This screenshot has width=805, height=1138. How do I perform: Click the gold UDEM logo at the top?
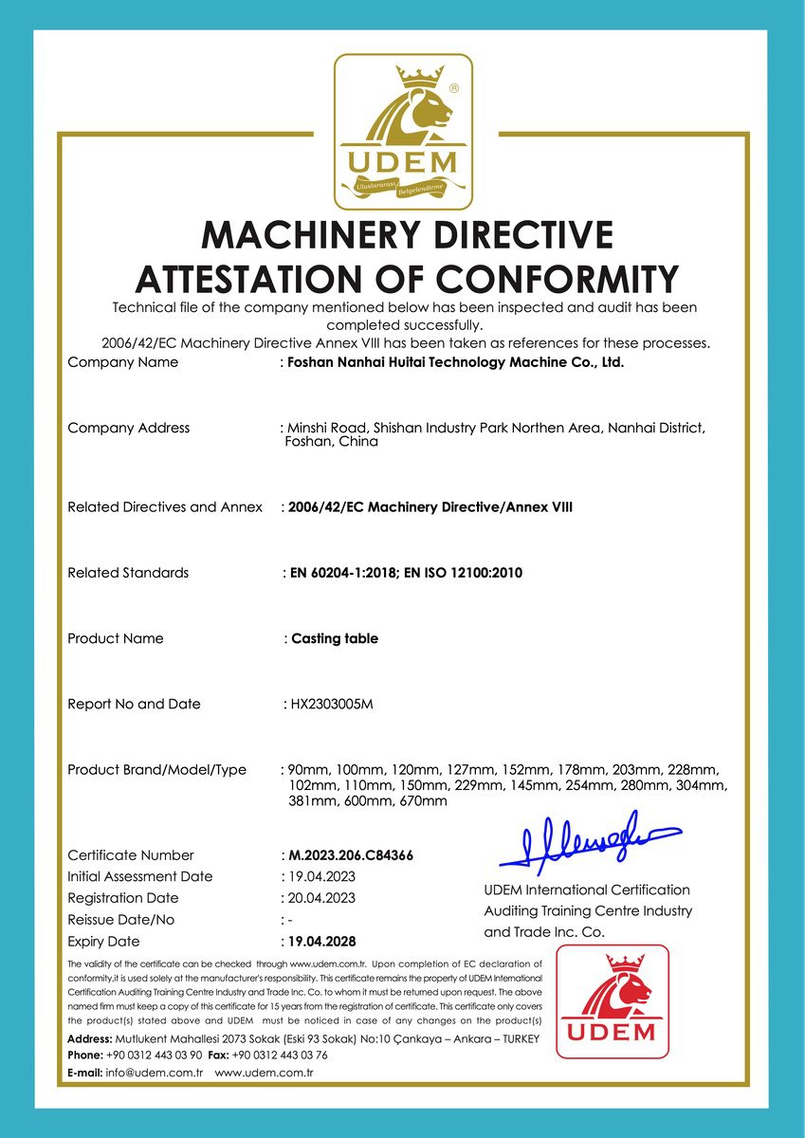403,131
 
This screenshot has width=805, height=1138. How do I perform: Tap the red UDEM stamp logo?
612,1000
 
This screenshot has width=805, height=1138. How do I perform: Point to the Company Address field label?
128,428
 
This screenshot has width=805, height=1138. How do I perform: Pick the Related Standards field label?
128,573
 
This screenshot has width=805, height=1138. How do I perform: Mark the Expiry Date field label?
103,942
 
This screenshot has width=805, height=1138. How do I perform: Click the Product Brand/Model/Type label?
156,769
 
